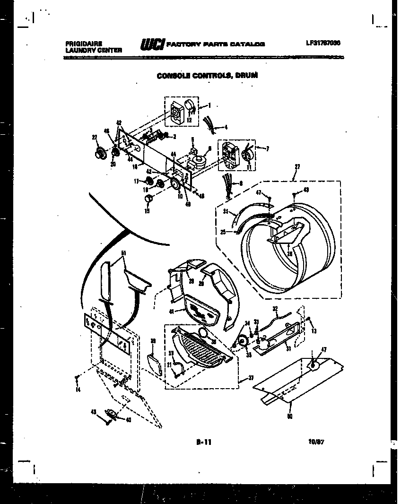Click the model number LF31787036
pyautogui.click(x=323, y=43)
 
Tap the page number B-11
pyautogui.click(x=203, y=442)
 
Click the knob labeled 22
pyautogui.click(x=100, y=152)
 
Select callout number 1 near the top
pyautogui.click(x=209, y=105)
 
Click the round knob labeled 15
pyautogui.click(x=148, y=197)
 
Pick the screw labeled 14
pyautogui.click(x=77, y=378)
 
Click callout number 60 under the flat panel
pyautogui.click(x=289, y=417)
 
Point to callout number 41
pyautogui.click(x=171, y=312)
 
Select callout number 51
pyautogui.click(x=124, y=253)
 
